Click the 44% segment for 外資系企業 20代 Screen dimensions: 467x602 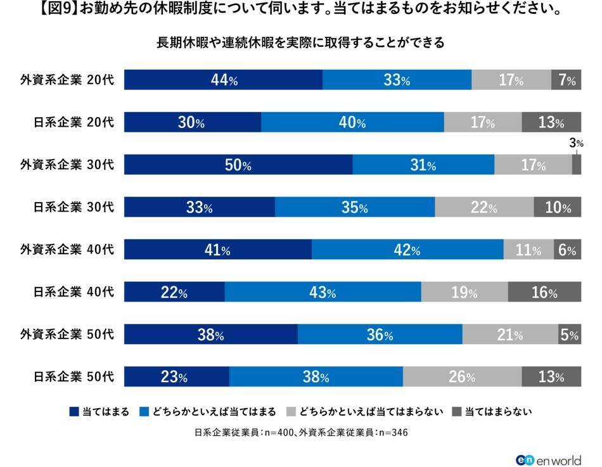point(223,80)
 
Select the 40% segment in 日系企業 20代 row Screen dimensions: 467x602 point(352,123)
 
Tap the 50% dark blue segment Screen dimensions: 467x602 point(238,165)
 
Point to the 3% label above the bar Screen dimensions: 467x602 point(575,144)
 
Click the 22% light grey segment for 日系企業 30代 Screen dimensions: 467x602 point(484,207)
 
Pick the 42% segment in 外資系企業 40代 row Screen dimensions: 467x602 point(407,250)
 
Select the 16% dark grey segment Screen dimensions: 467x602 point(544,292)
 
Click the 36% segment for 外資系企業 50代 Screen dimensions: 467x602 point(380,335)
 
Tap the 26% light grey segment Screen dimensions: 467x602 point(462,377)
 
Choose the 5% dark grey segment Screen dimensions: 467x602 point(570,335)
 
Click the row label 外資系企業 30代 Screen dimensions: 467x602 point(67,165)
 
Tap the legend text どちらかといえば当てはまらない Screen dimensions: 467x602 point(371,412)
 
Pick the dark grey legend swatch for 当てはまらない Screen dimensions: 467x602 point(457,412)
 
